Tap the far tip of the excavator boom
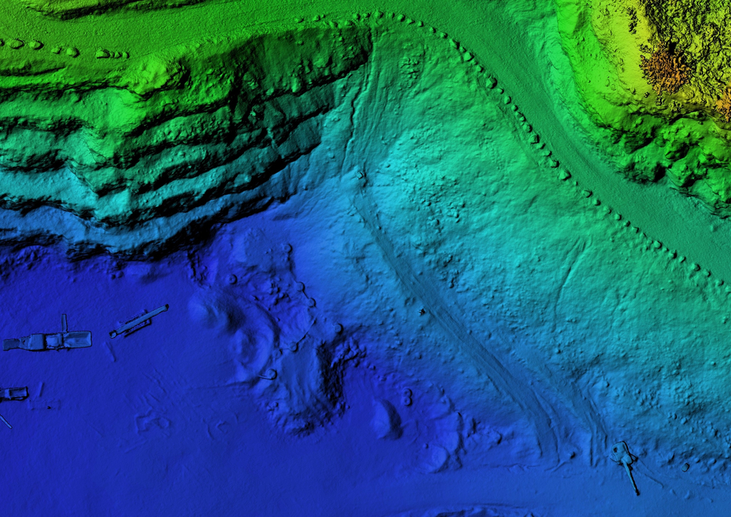click(637, 493)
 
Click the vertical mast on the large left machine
click(64, 323)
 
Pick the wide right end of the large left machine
click(79, 339)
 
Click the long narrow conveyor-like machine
click(139, 321)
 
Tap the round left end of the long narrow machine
click(113, 333)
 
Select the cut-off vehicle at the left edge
click(12, 393)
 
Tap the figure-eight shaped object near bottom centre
click(406, 397)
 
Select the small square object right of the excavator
click(686, 465)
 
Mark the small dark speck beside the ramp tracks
click(422, 312)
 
